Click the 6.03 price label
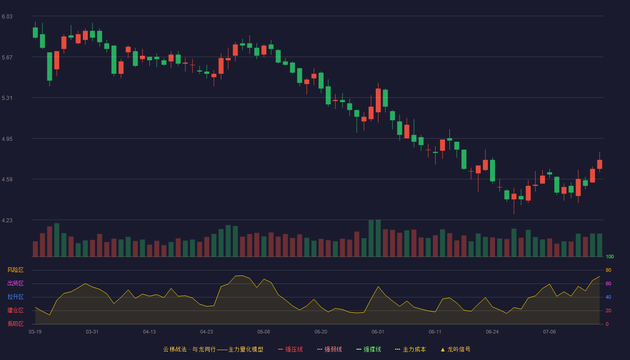pyautogui.click(x=7, y=17)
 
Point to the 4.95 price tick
pyautogui.click(x=7, y=139)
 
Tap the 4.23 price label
pyautogui.click(x=7, y=220)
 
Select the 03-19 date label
pyautogui.click(x=35, y=332)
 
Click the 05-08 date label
pyautogui.click(x=264, y=332)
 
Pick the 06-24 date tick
pyautogui.click(x=492, y=332)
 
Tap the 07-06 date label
pyautogui.click(x=549, y=332)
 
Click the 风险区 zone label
pyautogui.click(x=15, y=270)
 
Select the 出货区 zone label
pyautogui.click(x=15, y=283)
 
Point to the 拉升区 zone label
pyautogui.click(x=15, y=297)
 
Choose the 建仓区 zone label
pyautogui.click(x=15, y=310)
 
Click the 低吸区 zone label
pyautogui.click(x=15, y=324)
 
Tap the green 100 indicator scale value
pyautogui.click(x=610, y=256)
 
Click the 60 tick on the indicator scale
pyautogui.click(x=608, y=283)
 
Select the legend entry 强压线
pyautogui.click(x=291, y=349)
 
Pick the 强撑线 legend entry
pyautogui.click(x=369, y=349)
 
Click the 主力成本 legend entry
pyautogui.click(x=410, y=349)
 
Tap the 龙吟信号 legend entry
pyautogui.click(x=455, y=349)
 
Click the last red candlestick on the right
pyautogui.click(x=599, y=164)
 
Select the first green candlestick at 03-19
pyautogui.click(x=35, y=32)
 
